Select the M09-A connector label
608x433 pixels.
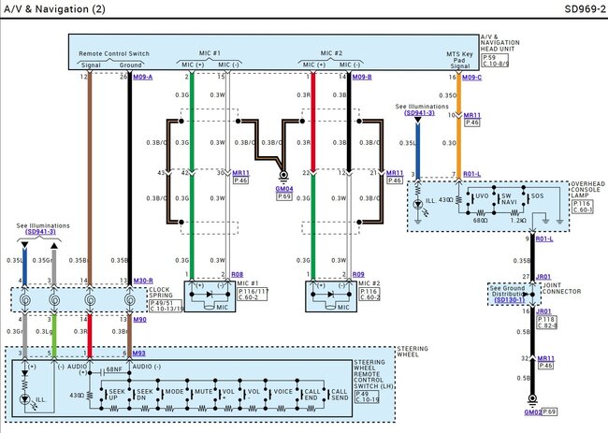143,78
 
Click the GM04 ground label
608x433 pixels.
283,188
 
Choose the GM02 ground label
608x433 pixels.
532,411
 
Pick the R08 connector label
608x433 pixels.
238,275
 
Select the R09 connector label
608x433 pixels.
357,275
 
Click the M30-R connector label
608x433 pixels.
143,280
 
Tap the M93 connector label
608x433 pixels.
138,353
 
